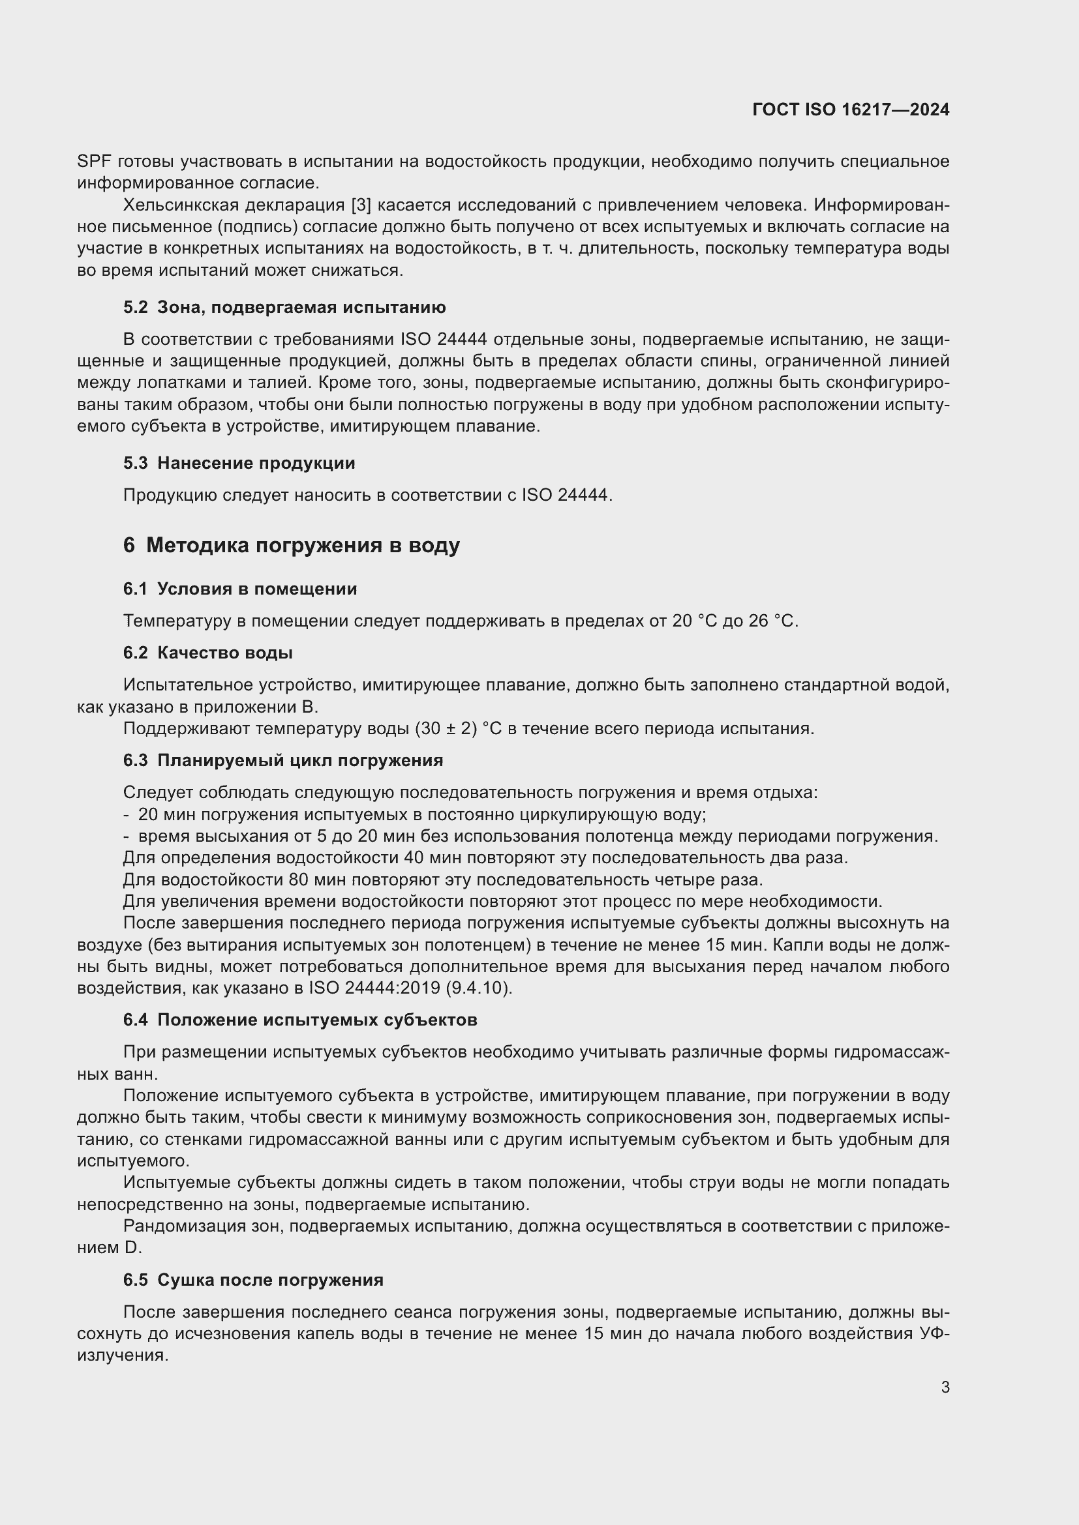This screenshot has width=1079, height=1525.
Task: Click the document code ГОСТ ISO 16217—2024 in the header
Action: click(x=851, y=110)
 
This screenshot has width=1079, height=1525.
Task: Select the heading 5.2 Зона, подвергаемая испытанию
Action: click(x=284, y=308)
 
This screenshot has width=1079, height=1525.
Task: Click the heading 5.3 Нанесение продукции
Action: click(x=239, y=463)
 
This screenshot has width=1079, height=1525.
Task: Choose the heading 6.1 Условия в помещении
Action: click(x=240, y=589)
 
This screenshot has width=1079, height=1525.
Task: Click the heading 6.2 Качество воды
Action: click(x=208, y=653)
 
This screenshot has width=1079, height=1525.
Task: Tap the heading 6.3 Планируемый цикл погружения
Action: click(x=283, y=760)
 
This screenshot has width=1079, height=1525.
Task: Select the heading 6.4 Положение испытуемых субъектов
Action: click(x=299, y=1020)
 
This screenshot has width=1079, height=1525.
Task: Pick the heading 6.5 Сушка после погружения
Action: click(x=253, y=1280)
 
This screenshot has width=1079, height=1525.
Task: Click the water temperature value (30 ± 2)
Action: click(x=446, y=729)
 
